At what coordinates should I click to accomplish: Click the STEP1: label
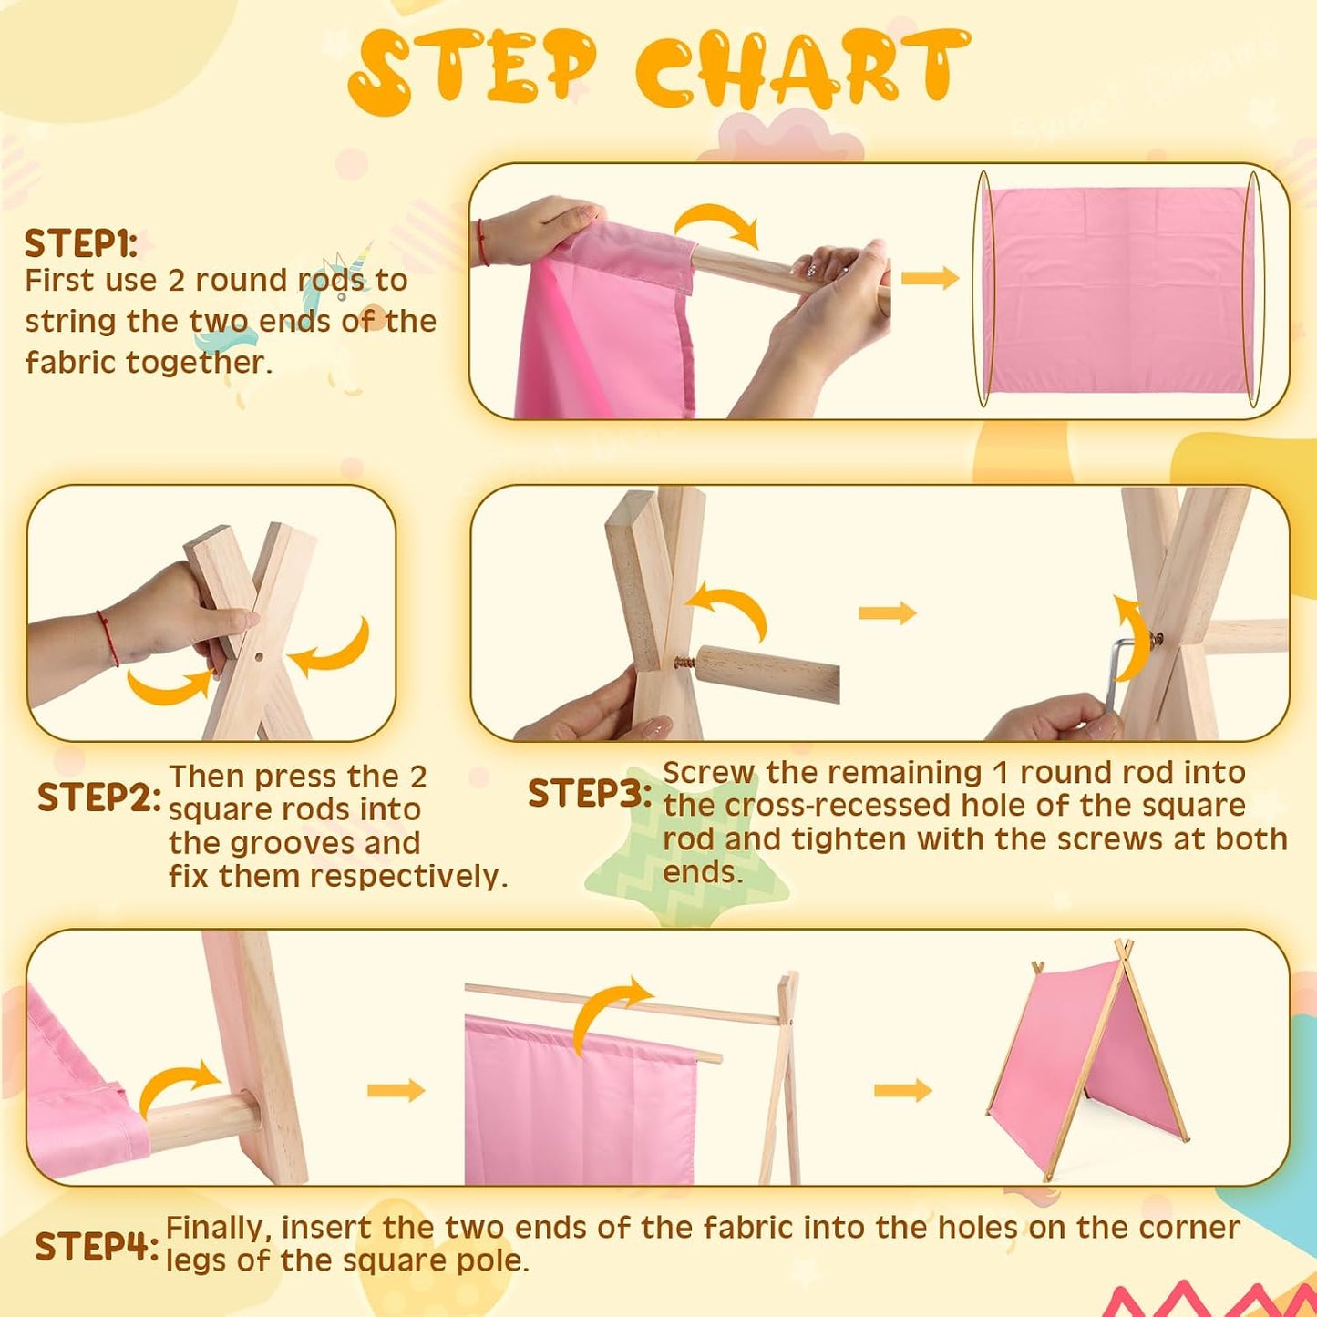click(x=80, y=243)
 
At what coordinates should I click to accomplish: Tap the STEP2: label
click(x=99, y=797)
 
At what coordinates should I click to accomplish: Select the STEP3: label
click(x=589, y=793)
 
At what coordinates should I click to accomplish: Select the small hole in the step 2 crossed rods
click(x=259, y=657)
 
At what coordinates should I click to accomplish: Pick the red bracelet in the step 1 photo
click(x=482, y=242)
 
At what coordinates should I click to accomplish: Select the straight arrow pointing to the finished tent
click(x=903, y=1089)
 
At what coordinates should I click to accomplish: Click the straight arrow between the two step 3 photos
click(x=887, y=612)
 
